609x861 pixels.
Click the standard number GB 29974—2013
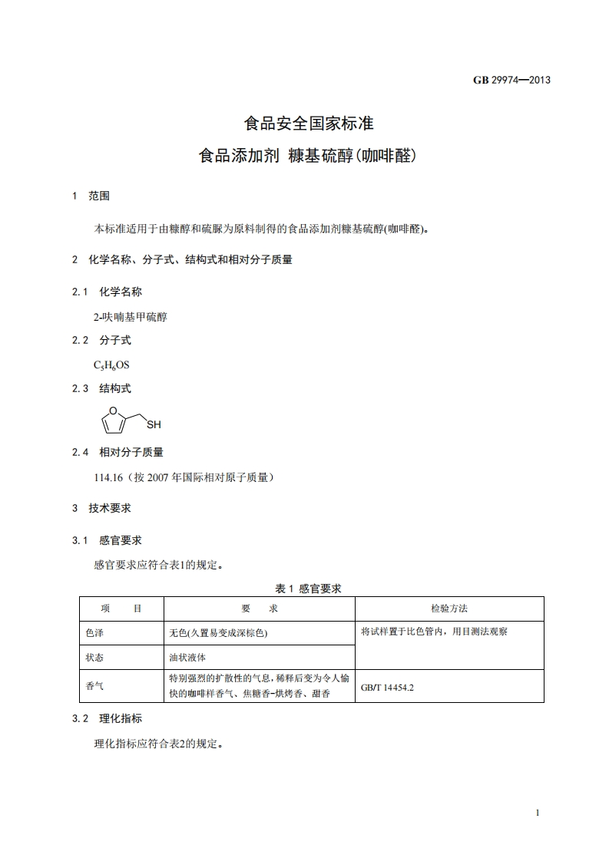[x=511, y=80]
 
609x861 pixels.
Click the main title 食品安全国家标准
[x=308, y=123]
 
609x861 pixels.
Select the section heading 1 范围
[x=91, y=196]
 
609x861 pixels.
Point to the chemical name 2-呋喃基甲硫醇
[x=130, y=316]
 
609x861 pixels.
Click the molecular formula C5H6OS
[x=111, y=365]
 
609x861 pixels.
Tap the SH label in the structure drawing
[x=154, y=424]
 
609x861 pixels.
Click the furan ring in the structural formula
[x=113, y=421]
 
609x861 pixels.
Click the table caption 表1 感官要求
[x=308, y=588]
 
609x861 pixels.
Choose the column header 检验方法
[x=449, y=609]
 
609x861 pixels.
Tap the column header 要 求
[x=259, y=609]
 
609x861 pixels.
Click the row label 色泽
[x=94, y=633]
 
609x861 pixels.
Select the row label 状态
[x=94, y=658]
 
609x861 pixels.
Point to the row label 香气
[x=94, y=686]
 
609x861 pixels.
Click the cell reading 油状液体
[x=187, y=658]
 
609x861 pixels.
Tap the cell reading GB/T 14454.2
[x=387, y=688]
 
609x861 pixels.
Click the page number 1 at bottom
[x=538, y=813]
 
